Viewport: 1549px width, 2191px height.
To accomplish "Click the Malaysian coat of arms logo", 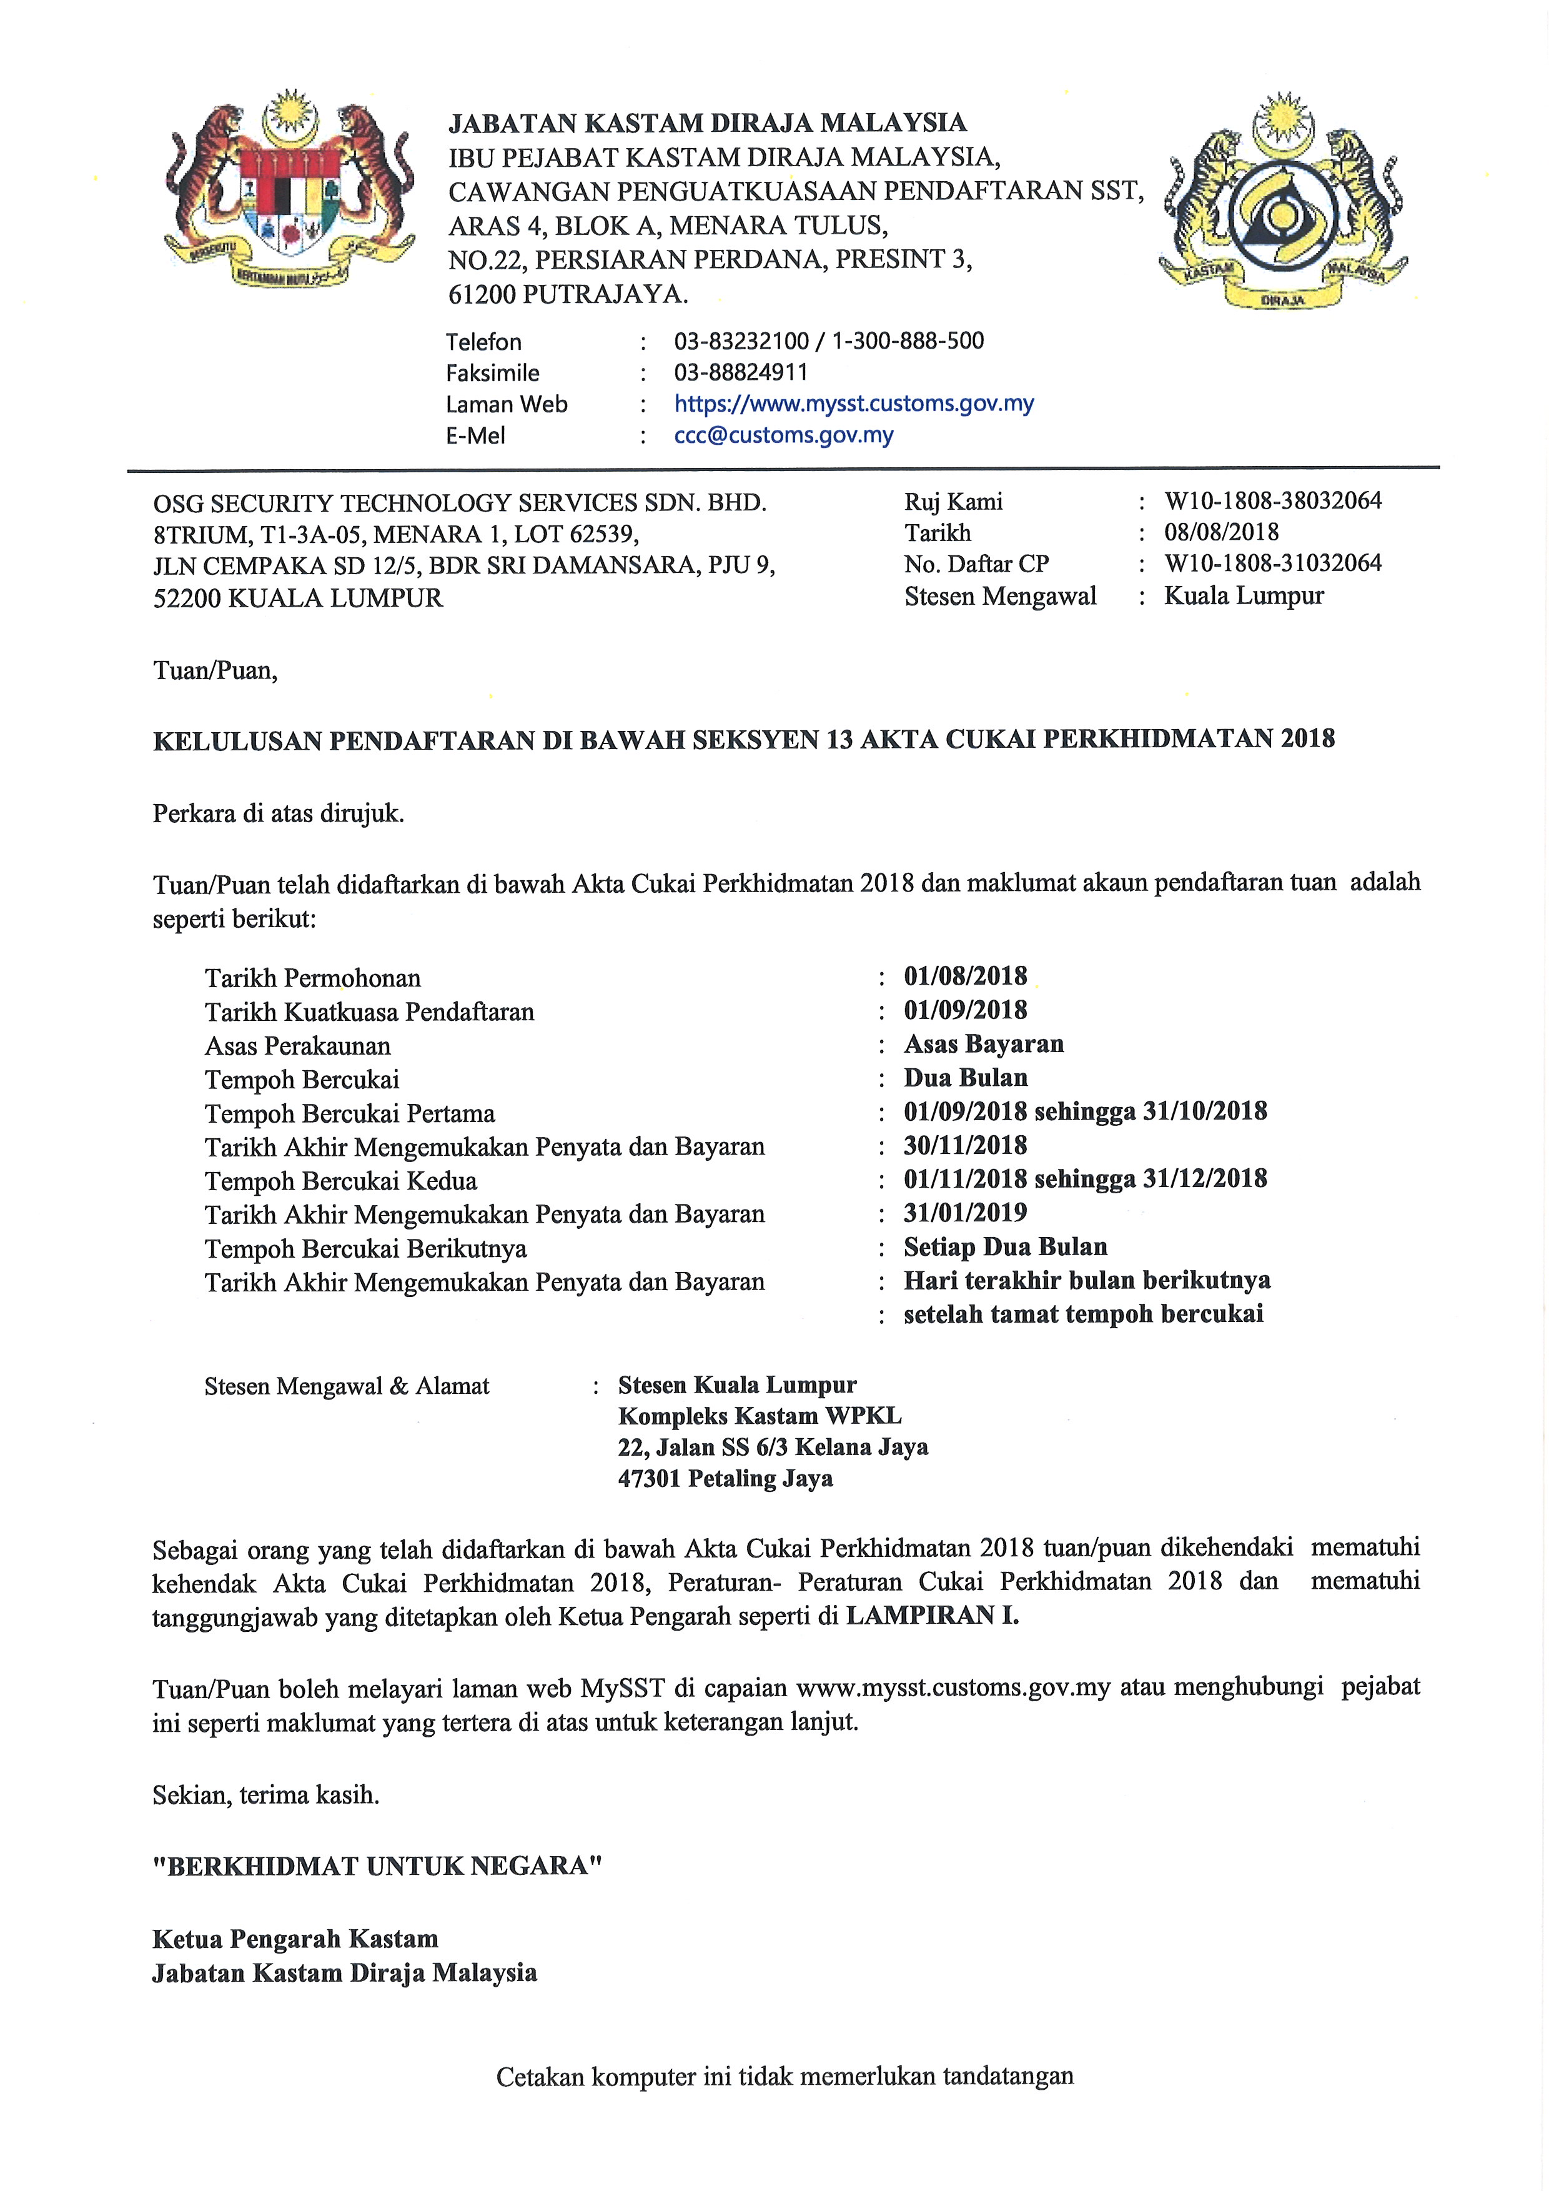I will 290,191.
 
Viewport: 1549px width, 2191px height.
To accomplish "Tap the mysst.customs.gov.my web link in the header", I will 854,404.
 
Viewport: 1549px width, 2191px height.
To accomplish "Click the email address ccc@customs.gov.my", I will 783,435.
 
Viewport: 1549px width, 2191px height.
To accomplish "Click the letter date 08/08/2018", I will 1221,532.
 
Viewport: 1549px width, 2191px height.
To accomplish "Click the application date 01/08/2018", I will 965,976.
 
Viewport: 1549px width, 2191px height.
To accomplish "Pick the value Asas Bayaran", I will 983,1044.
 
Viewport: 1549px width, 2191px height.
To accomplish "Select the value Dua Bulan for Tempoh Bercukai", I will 965,1078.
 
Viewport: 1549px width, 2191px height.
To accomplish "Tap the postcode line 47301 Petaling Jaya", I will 725,1479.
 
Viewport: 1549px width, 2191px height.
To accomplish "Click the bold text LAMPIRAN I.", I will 932,1616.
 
